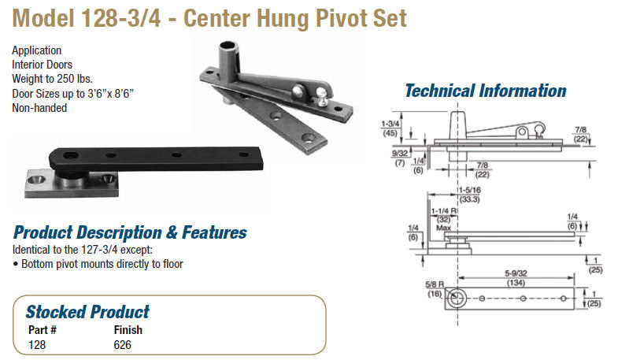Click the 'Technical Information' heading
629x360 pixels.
coord(486,91)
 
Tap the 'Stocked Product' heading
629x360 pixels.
coord(87,312)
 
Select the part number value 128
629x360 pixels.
coord(37,345)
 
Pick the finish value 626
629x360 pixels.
coord(122,345)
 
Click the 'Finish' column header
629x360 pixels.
coord(128,330)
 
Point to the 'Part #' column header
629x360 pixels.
coord(43,330)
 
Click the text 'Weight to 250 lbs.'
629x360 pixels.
coord(52,79)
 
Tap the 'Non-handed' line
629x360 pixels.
coord(39,108)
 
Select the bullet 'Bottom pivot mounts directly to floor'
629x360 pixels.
coord(98,264)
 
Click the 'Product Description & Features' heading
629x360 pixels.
coord(130,232)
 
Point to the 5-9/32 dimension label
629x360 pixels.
coord(516,273)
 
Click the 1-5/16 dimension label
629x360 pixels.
coord(469,190)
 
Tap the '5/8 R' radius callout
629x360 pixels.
coord(435,284)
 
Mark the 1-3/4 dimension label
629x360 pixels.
coord(390,124)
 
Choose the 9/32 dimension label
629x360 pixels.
coord(400,154)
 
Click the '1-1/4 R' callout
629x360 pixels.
coord(444,211)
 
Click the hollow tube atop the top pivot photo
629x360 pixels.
coord(229,58)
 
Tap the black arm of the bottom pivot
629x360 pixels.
coord(157,158)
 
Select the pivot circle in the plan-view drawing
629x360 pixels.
coord(457,299)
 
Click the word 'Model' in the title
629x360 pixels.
coord(43,18)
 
